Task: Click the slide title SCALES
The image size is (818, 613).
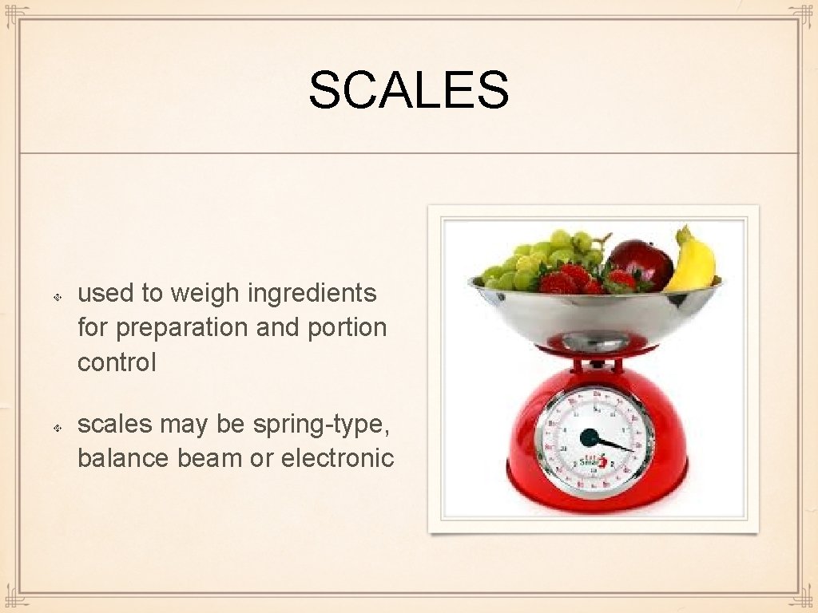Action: [408, 89]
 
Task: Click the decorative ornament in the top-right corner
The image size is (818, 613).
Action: [801, 16]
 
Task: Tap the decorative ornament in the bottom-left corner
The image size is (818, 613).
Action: [16, 597]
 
